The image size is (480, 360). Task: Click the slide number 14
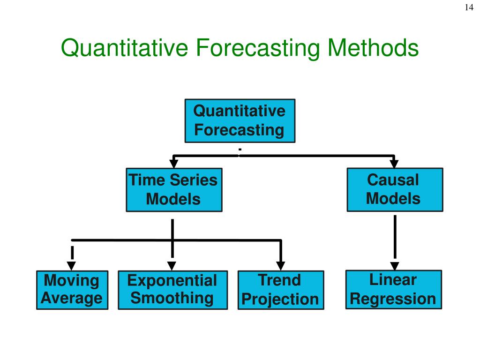pos(469,7)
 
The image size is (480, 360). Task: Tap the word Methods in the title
pos(373,48)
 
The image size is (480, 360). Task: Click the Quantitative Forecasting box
pos(240,120)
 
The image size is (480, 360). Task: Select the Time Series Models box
pos(174,190)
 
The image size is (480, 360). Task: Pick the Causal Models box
pos(394,189)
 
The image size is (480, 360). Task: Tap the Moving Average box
pos(72,290)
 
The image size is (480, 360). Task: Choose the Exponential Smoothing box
pos(172,290)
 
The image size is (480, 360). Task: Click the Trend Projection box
pos(280,290)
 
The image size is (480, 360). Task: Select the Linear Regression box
pos(393,289)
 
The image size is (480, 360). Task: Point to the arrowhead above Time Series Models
pos(174,164)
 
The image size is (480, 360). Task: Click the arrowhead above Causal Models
pos(394,164)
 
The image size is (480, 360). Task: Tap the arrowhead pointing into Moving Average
pos(72,266)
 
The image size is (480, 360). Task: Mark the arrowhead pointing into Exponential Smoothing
pos(172,266)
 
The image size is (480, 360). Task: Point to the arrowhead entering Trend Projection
pos(280,266)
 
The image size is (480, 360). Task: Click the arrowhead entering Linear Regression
pos(395,265)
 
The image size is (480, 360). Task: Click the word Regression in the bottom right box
pos(393,299)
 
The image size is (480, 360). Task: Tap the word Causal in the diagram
pos(393,180)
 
